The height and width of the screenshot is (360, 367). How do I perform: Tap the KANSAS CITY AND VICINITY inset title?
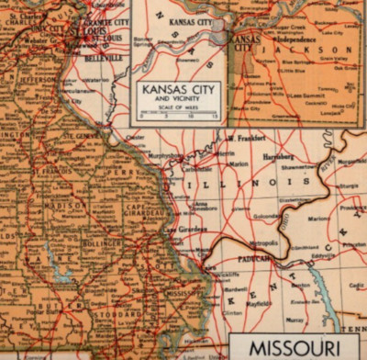(178, 93)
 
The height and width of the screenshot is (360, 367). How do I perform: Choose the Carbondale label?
(195, 169)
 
